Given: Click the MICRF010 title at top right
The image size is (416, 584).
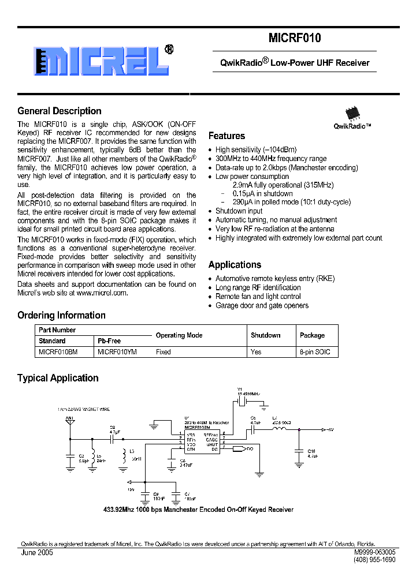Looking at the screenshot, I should point(295,39).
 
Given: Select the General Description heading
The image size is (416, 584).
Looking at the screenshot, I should point(60,111).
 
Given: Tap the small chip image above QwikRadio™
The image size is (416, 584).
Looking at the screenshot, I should point(352,113).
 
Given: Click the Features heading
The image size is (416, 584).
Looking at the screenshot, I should point(226,136).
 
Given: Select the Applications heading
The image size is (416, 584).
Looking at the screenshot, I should point(235,265).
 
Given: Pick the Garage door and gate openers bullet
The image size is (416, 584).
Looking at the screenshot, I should point(262,305).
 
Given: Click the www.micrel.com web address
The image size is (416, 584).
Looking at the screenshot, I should point(101,293).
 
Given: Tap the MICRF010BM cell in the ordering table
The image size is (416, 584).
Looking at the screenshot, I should point(58,351).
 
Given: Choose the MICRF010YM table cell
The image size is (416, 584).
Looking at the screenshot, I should point(117,351).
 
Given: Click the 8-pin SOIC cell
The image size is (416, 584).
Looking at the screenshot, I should point(315,351).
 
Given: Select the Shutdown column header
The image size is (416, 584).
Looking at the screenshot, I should point(265,335).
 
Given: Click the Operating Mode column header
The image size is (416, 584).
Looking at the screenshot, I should point(179,335).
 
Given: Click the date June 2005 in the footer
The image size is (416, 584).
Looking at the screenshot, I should point(37,552).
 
